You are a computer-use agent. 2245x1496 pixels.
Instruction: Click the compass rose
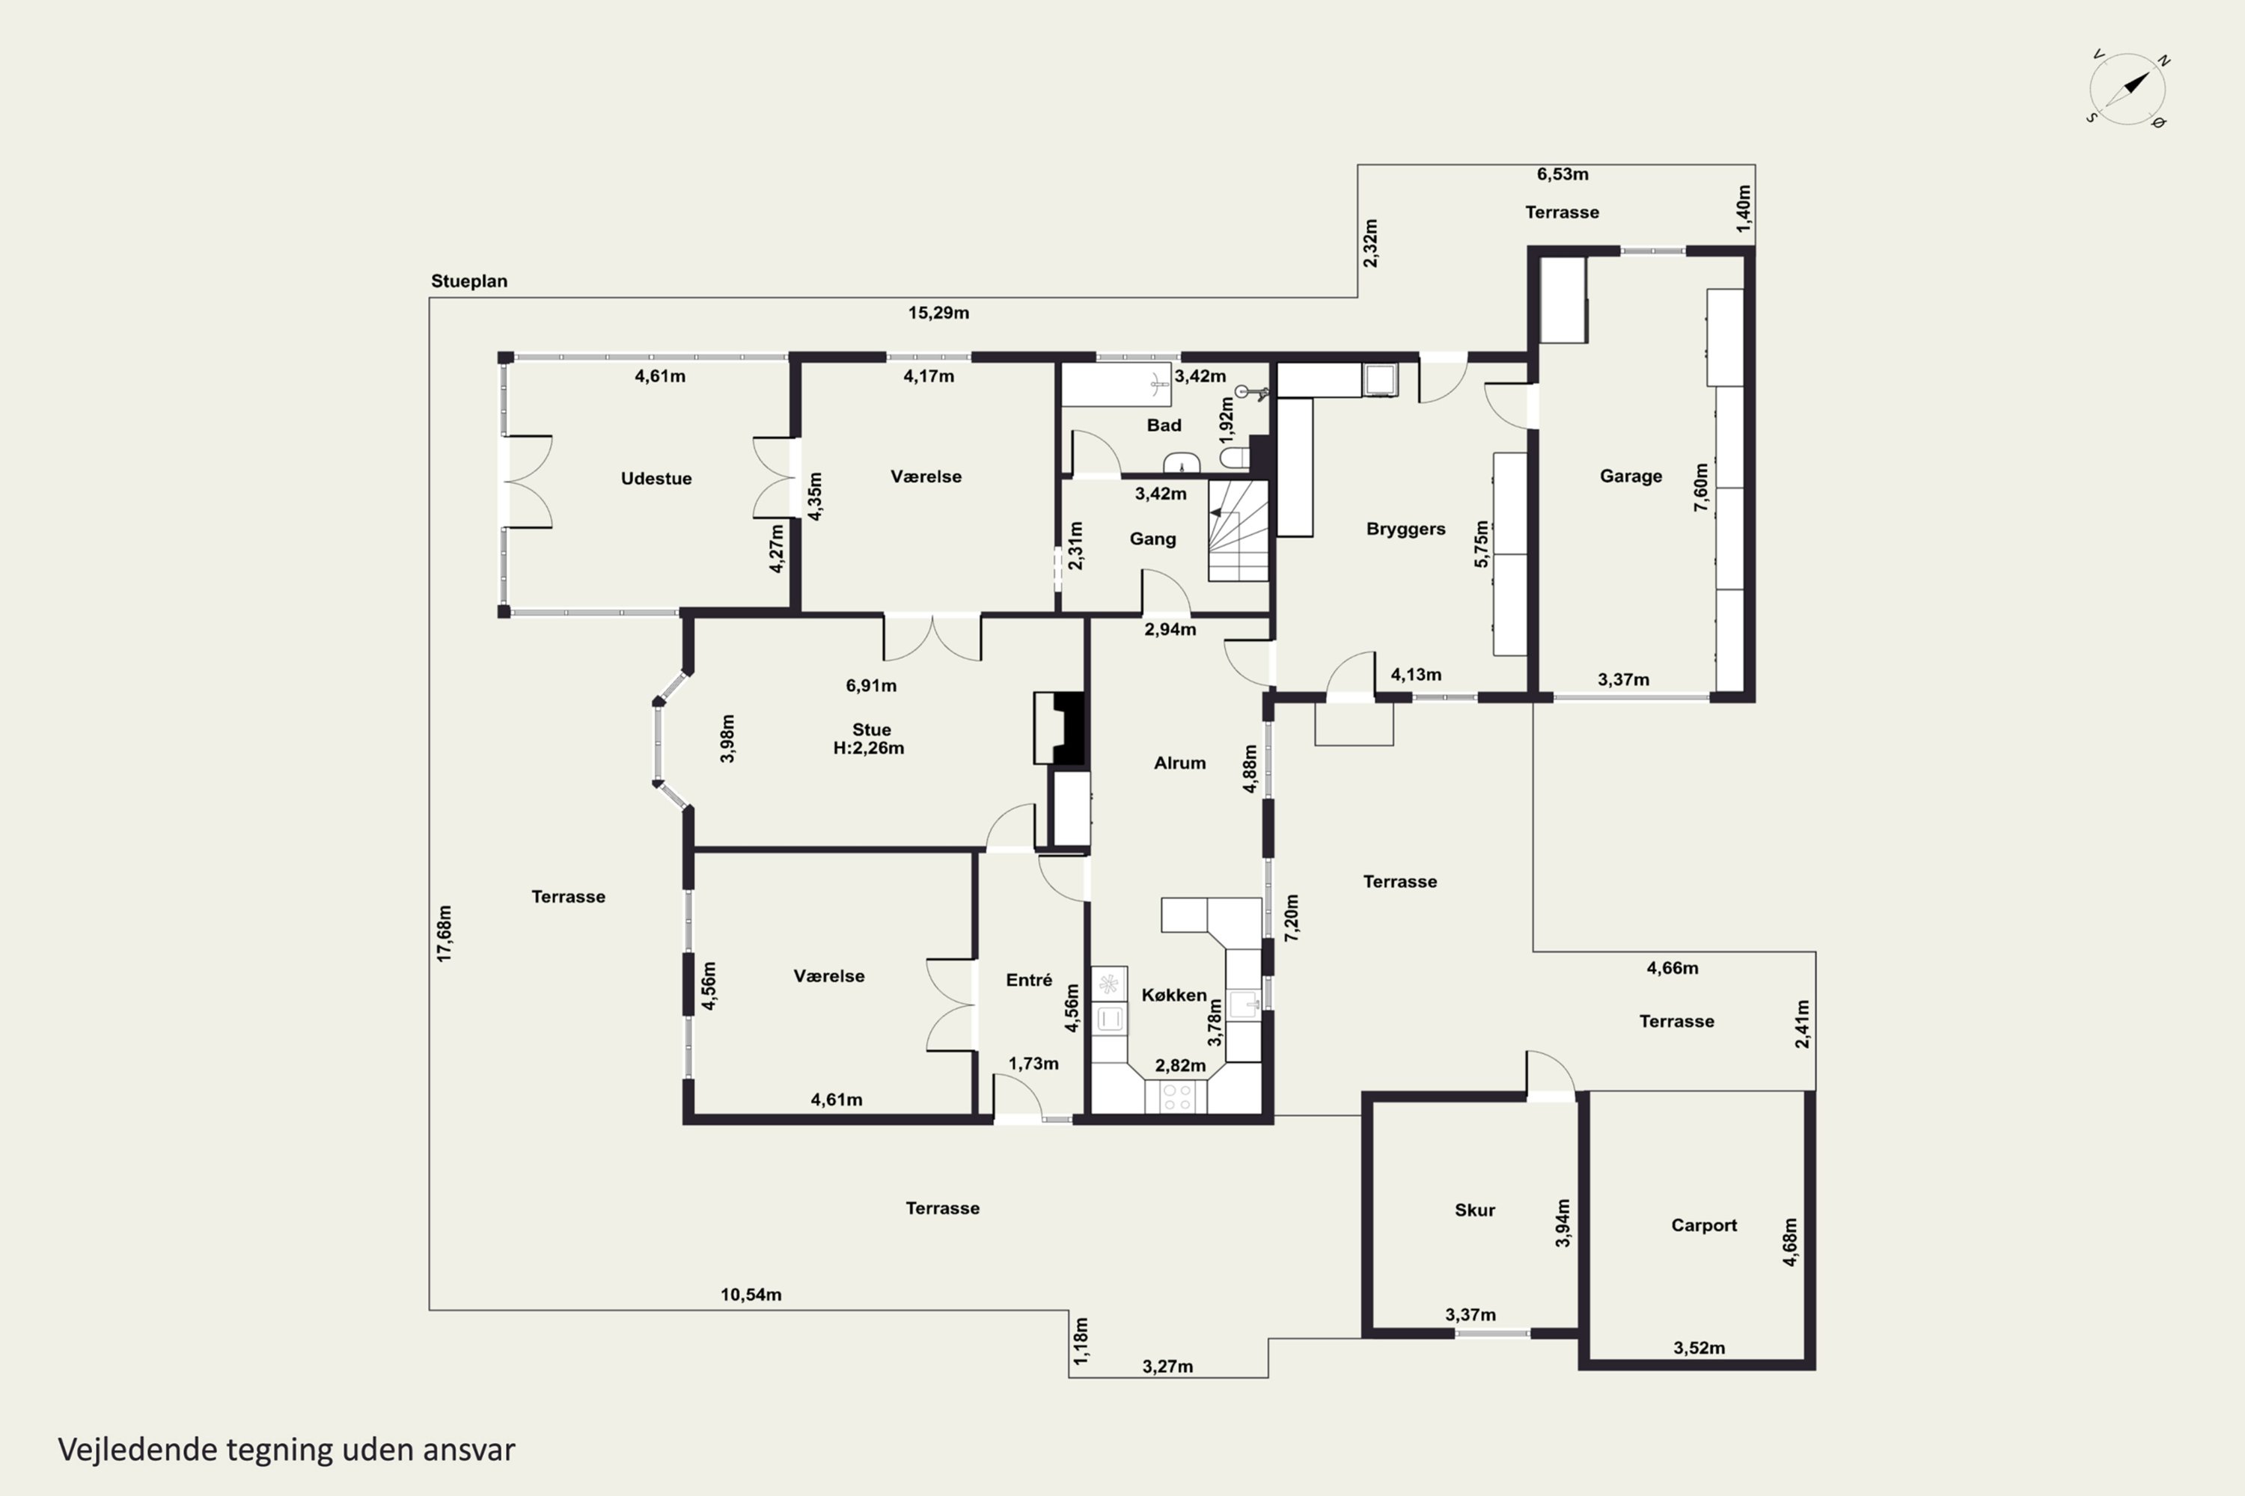pyautogui.click(x=2128, y=90)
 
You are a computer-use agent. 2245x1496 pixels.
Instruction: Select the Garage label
pyautogui.click(x=1631, y=475)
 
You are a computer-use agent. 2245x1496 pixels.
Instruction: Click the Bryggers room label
pyautogui.click(x=1405, y=529)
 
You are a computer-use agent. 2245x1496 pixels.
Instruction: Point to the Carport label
pyautogui.click(x=1704, y=1225)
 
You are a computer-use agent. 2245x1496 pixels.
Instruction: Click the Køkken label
pyautogui.click(x=1174, y=995)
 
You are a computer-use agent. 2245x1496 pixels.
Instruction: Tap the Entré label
pyautogui.click(x=1029, y=980)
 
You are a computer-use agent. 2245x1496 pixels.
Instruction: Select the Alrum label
pyautogui.click(x=1180, y=762)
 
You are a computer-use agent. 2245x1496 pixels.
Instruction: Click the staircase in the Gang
pyautogui.click(x=1238, y=530)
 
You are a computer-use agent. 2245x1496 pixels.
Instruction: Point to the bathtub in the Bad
pyautogui.click(x=1116, y=384)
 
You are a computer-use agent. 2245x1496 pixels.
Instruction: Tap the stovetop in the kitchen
pyautogui.click(x=1175, y=1097)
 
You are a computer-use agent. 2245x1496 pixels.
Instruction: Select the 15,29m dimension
pyautogui.click(x=938, y=313)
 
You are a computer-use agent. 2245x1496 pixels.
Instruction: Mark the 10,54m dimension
pyautogui.click(x=751, y=1295)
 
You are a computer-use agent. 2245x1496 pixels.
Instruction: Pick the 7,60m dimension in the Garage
pyautogui.click(x=1701, y=488)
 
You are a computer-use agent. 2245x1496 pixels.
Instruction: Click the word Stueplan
pyautogui.click(x=468, y=281)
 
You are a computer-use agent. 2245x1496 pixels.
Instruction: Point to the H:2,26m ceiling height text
pyautogui.click(x=869, y=748)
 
